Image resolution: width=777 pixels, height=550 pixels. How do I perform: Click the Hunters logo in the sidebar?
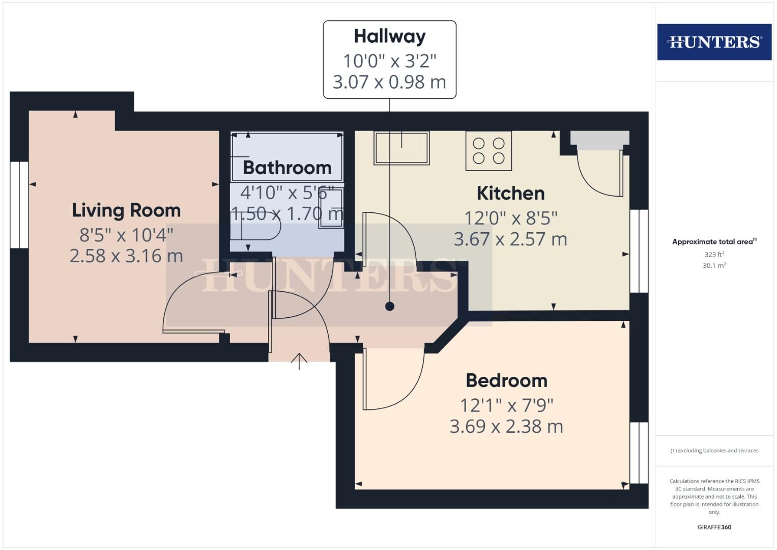click(714, 42)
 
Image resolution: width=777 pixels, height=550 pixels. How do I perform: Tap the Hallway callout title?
click(390, 36)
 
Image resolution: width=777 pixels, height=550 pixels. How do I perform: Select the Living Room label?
click(126, 210)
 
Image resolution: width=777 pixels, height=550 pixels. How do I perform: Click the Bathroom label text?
click(287, 168)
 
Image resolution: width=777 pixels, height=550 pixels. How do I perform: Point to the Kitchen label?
click(510, 194)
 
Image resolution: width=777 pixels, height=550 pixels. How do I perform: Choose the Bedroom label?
click(506, 380)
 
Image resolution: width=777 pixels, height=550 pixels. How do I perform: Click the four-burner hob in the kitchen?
click(488, 151)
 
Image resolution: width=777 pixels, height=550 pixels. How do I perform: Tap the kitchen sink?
click(401, 148)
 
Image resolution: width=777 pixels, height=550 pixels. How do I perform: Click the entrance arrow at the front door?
click(299, 361)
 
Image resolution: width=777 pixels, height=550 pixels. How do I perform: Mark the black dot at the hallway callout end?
click(390, 306)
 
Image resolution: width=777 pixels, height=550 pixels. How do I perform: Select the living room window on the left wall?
click(19, 205)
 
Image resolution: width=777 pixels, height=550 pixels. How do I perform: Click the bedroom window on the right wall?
click(639, 452)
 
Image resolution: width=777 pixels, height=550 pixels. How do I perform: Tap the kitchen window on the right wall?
click(639, 251)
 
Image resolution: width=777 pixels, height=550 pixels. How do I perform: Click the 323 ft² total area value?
click(714, 254)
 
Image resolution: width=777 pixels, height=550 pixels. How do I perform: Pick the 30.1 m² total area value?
click(714, 265)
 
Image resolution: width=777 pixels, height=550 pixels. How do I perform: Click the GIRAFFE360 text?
click(714, 527)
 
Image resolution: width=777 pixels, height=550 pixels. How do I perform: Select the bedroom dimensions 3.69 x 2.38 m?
click(506, 426)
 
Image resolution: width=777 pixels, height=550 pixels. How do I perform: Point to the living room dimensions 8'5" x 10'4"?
click(126, 235)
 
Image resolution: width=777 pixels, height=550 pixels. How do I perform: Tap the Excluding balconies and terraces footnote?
click(714, 451)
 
